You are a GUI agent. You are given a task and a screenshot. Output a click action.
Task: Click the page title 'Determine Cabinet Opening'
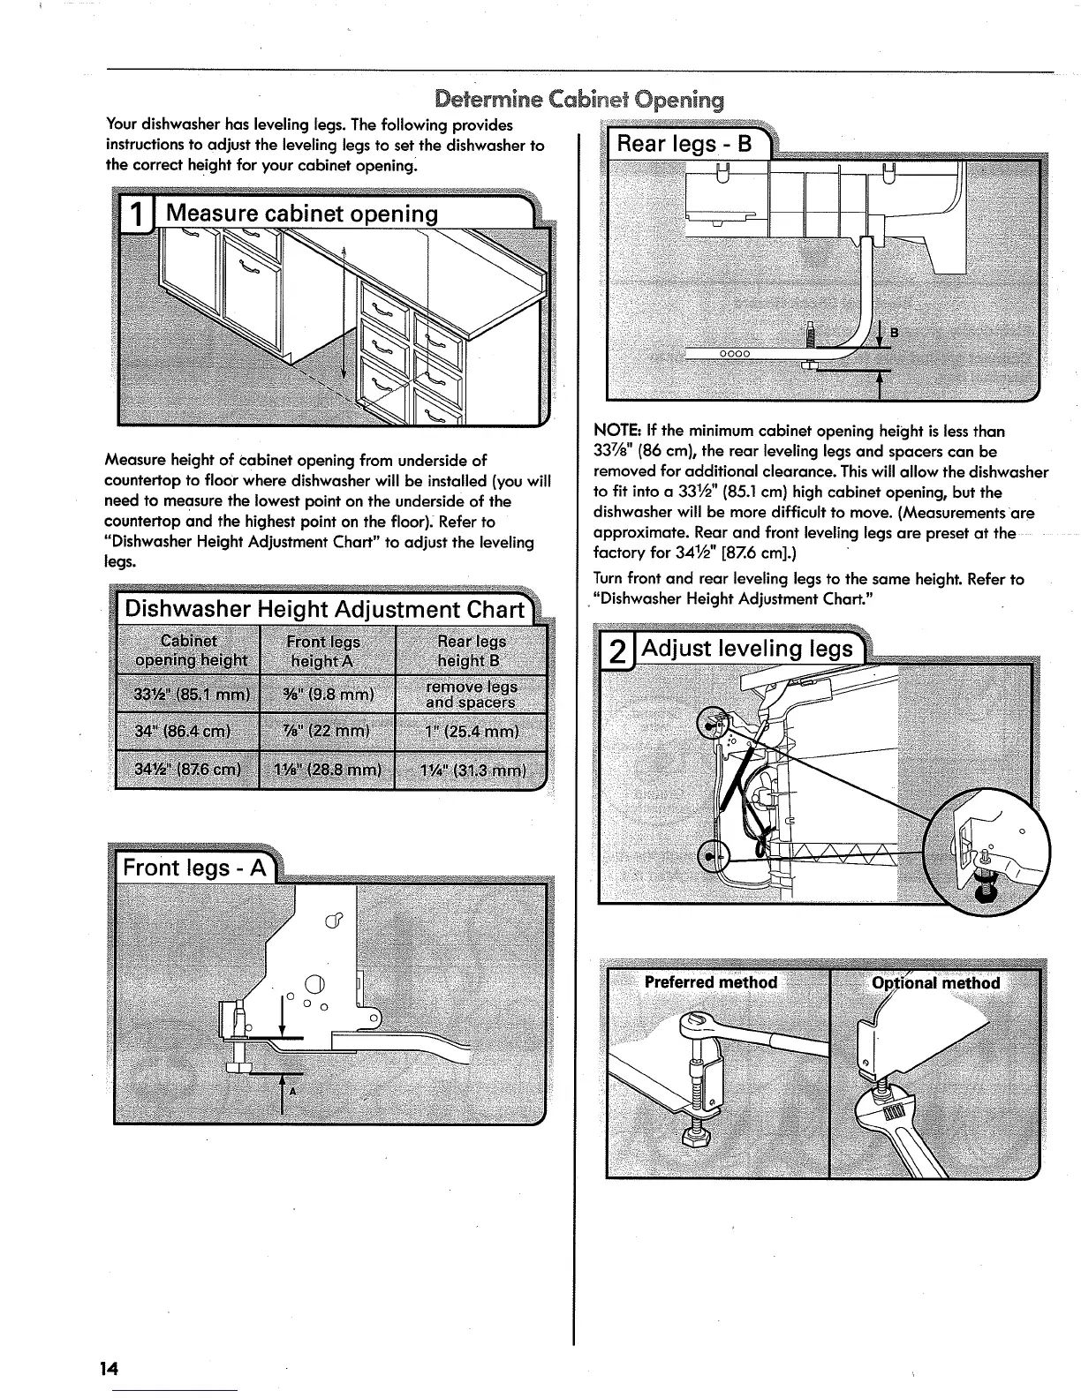(x=579, y=99)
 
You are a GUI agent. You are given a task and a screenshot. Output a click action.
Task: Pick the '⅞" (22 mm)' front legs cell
(x=328, y=732)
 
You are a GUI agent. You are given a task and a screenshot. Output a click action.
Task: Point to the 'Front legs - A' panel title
(x=194, y=868)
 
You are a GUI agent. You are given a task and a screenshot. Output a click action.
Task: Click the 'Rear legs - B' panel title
(x=684, y=143)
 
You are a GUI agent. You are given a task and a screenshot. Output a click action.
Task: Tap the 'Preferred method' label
(x=711, y=982)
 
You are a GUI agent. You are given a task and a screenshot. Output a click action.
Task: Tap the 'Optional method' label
(x=935, y=983)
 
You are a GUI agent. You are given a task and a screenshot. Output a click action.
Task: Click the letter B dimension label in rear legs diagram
(x=893, y=332)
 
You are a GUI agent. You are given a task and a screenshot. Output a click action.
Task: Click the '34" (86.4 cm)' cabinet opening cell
(x=184, y=732)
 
